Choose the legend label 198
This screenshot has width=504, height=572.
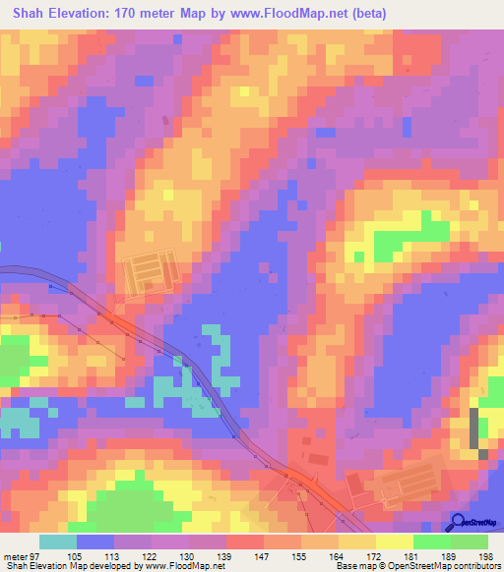(487, 557)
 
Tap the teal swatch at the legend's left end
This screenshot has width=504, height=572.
(57, 542)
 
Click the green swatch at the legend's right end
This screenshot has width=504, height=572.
(470, 542)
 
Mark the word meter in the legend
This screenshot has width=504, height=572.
(17, 557)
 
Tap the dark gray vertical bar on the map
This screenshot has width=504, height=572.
(476, 428)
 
